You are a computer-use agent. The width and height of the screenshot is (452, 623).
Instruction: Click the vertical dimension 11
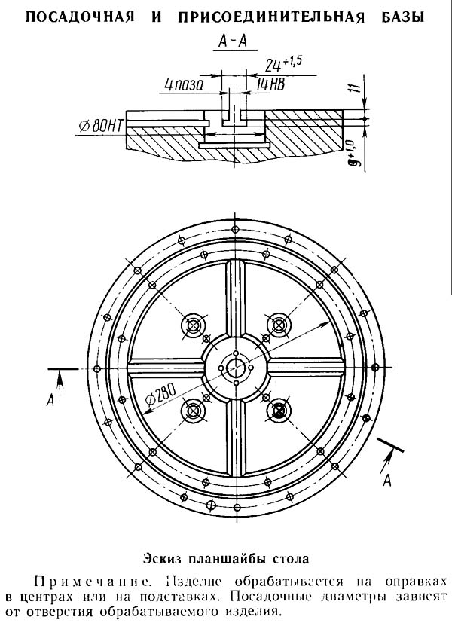[x=369, y=90]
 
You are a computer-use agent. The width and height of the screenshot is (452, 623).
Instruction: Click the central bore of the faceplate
[x=236, y=367]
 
